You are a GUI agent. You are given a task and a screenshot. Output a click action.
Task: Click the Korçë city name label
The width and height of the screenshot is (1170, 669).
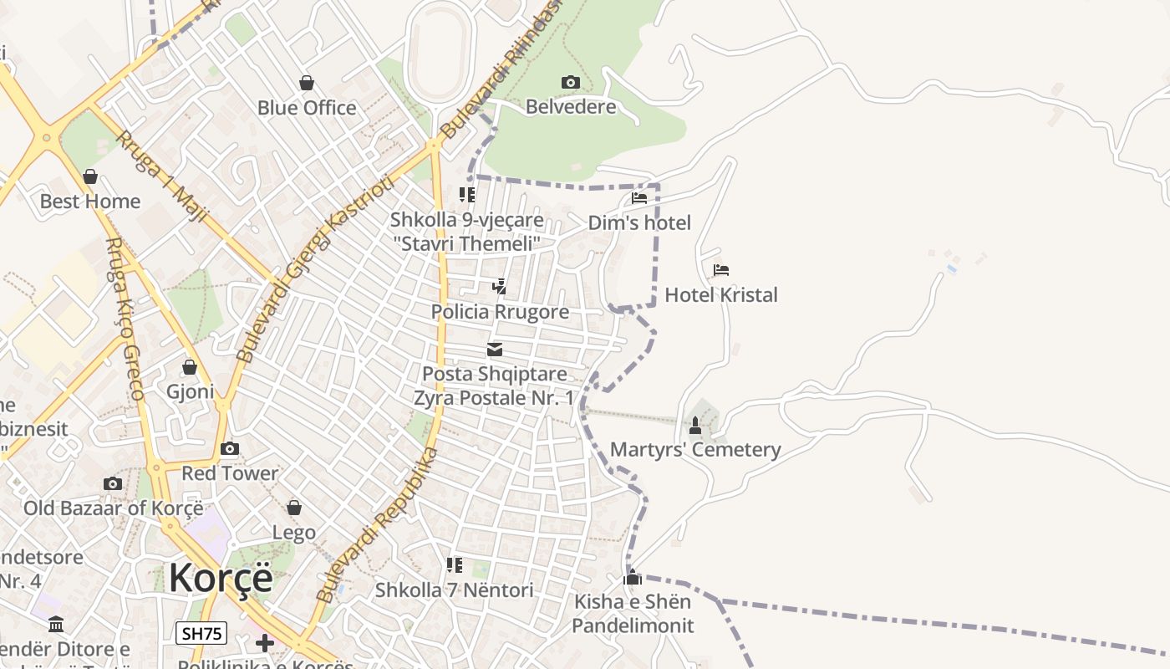(x=221, y=578)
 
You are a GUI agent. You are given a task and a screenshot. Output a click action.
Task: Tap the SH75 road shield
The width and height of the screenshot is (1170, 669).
(x=201, y=633)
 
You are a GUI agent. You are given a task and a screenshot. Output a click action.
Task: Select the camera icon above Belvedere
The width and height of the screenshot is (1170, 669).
(x=571, y=82)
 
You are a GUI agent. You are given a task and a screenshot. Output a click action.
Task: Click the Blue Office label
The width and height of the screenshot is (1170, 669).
(x=307, y=108)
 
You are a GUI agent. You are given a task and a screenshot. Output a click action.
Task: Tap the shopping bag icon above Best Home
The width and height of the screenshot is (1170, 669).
(x=90, y=176)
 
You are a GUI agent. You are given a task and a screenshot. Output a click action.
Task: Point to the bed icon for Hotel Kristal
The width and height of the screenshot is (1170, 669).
(x=721, y=270)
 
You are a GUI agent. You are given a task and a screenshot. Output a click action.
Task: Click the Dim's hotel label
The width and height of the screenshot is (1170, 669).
(x=639, y=222)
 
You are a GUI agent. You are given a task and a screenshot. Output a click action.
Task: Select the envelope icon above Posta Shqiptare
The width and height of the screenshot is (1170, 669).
(x=495, y=350)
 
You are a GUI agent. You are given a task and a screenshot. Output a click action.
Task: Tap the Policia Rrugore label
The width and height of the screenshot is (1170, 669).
(x=500, y=312)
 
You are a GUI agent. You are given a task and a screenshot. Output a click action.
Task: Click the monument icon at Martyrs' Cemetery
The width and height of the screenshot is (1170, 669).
(x=694, y=426)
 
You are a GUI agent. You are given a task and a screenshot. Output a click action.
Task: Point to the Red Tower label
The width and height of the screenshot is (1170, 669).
(x=230, y=473)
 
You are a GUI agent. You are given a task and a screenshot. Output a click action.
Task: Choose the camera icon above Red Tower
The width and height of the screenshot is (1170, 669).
(x=230, y=449)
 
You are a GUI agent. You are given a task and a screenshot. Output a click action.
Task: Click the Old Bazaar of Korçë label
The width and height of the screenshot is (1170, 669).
(x=113, y=508)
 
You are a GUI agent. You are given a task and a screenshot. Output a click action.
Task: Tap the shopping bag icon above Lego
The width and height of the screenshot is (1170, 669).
(x=294, y=508)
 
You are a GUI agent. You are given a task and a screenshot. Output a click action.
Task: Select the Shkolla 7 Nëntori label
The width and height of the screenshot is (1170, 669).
(x=454, y=590)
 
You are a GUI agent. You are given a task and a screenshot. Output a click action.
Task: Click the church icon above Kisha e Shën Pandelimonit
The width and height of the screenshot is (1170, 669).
(x=633, y=577)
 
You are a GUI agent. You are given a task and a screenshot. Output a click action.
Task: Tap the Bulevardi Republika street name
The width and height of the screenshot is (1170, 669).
(x=377, y=525)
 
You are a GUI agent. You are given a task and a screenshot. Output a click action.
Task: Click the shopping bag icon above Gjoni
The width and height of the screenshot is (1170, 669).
(x=190, y=367)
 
